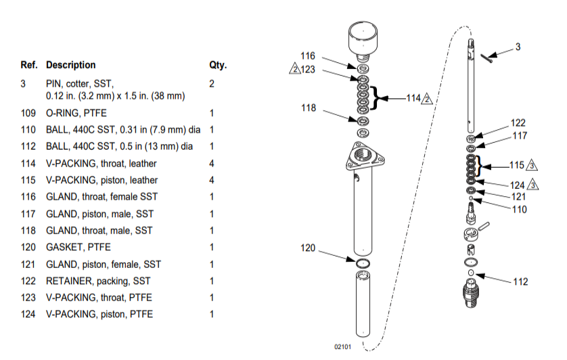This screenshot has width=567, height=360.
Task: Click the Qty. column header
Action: [x=218, y=66]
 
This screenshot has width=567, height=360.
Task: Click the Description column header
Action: [x=70, y=66]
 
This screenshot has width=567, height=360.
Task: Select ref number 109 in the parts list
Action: [x=28, y=113]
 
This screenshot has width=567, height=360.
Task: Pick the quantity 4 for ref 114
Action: [x=212, y=163]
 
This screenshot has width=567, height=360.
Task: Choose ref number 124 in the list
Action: [x=28, y=314]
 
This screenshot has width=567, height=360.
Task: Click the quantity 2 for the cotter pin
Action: [x=212, y=84]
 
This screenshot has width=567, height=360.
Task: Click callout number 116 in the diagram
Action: [x=308, y=55]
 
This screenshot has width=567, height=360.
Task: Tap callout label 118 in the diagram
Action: [x=308, y=107]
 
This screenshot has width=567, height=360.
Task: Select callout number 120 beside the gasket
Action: [x=308, y=248]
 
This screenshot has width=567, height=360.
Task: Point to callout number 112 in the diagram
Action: [x=520, y=282]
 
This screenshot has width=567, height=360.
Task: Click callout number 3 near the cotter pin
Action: [x=518, y=47]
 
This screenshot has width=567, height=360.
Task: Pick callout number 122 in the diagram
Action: [x=518, y=123]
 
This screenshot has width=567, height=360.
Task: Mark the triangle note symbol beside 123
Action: [x=294, y=69]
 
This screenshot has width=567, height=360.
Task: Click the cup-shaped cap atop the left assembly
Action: [x=363, y=42]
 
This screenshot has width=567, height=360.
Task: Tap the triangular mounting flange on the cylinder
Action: [x=364, y=156]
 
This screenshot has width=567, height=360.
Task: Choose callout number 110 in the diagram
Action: [x=519, y=209]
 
